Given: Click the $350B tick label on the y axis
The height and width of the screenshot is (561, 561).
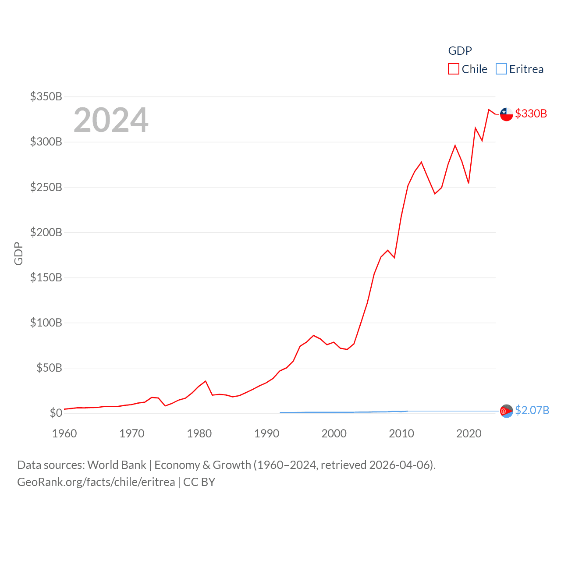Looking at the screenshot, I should pos(46,96).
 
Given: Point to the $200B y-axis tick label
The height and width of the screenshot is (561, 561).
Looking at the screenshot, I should pos(46,232).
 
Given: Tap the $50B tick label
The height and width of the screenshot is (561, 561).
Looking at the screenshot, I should pos(49,368).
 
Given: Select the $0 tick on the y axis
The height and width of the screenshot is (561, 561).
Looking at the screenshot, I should pos(56,413).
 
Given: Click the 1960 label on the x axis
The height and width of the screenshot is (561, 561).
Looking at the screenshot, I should pos(64,433).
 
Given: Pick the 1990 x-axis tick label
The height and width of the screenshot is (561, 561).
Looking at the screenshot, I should pos(266,433).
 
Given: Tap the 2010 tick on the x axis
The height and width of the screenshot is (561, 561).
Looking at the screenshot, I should pos(401,433).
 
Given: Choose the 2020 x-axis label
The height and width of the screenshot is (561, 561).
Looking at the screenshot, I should pos(469,433).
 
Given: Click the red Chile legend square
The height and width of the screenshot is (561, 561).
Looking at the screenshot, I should pos(453,69).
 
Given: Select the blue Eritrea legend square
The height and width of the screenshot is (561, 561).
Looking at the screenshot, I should pos(501,69).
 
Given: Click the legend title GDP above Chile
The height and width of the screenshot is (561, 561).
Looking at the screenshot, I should pos(460,51).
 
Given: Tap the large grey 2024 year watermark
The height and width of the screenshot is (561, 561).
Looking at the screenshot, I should pos(111,120).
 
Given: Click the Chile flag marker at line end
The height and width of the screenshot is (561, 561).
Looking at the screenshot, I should pos(506,114).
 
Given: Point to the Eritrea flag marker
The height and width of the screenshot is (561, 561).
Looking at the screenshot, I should pos(506,411).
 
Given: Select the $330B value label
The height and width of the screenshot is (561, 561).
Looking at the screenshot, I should pos(531,114).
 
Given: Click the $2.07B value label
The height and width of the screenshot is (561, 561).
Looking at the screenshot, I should pos(532,410).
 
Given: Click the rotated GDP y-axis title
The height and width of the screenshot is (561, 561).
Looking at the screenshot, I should pos(18,253).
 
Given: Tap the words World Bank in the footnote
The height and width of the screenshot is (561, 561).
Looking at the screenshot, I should pos(117,465).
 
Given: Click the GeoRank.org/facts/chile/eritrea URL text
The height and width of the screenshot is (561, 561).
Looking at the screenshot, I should pos(96,482).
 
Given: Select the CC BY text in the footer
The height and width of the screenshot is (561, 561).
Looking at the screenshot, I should pos(199,482).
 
